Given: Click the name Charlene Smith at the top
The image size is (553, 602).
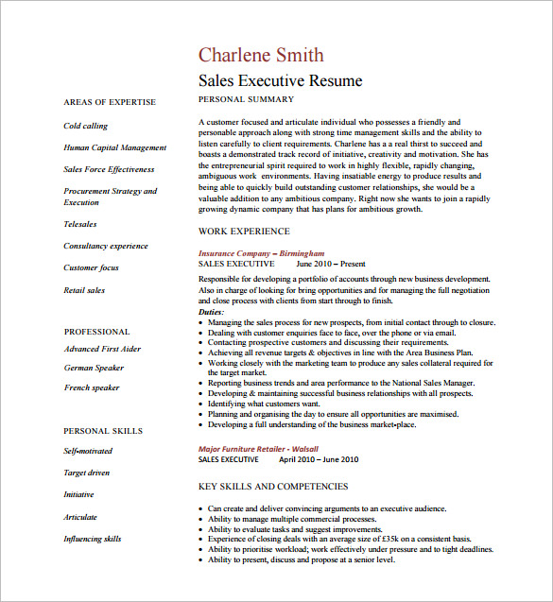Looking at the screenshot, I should click(x=260, y=55).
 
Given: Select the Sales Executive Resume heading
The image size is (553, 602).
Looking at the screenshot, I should click(x=280, y=81).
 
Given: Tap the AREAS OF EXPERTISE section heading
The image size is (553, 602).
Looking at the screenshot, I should click(x=110, y=102).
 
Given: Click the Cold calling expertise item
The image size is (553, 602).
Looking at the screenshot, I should click(x=85, y=126).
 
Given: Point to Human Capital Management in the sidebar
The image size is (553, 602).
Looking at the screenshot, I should click(x=114, y=147).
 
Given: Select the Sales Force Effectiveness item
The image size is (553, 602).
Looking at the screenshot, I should click(x=109, y=169).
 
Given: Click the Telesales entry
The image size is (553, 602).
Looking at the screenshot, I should click(x=79, y=224).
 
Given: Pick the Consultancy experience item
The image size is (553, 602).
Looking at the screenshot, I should click(x=105, y=246).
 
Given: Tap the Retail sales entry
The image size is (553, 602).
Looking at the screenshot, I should click(x=84, y=290).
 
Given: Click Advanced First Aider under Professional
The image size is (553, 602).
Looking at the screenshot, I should click(x=102, y=349).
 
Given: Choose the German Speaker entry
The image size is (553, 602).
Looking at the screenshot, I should click(x=94, y=368).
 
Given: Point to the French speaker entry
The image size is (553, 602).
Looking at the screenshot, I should click(x=92, y=387).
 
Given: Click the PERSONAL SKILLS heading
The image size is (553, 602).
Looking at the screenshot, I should click(x=103, y=431).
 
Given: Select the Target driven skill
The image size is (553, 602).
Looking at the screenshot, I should click(x=86, y=473).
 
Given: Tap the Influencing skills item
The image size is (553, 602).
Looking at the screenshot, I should click(x=92, y=539).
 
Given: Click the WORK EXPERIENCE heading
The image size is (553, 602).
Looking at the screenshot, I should click(x=244, y=232).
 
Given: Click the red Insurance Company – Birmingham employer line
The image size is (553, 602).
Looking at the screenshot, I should click(x=261, y=253).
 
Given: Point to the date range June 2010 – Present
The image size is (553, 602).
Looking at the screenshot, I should click(x=331, y=265).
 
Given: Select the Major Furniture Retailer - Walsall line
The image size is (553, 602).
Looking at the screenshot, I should click(x=258, y=448).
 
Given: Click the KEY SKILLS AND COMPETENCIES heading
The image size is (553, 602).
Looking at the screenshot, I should click(x=272, y=487).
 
